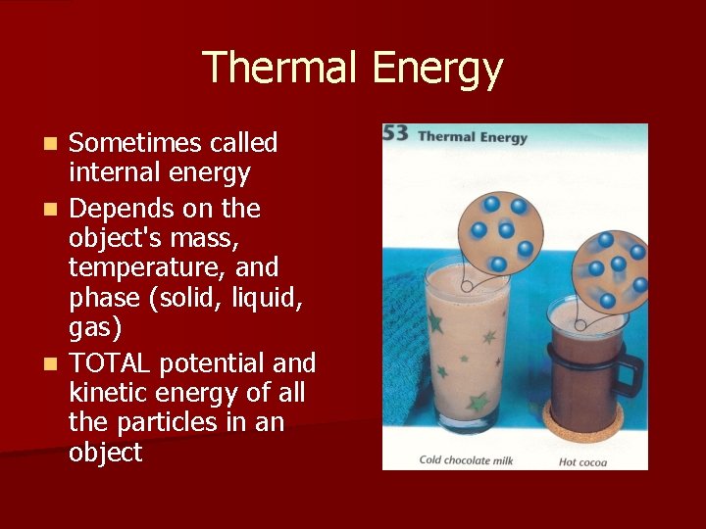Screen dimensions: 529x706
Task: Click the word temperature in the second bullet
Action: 132,267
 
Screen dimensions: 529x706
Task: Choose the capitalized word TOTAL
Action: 109,363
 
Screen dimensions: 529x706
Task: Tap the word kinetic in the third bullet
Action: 104,393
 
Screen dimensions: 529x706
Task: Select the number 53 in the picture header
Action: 395,135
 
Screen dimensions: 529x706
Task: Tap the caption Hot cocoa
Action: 582,462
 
